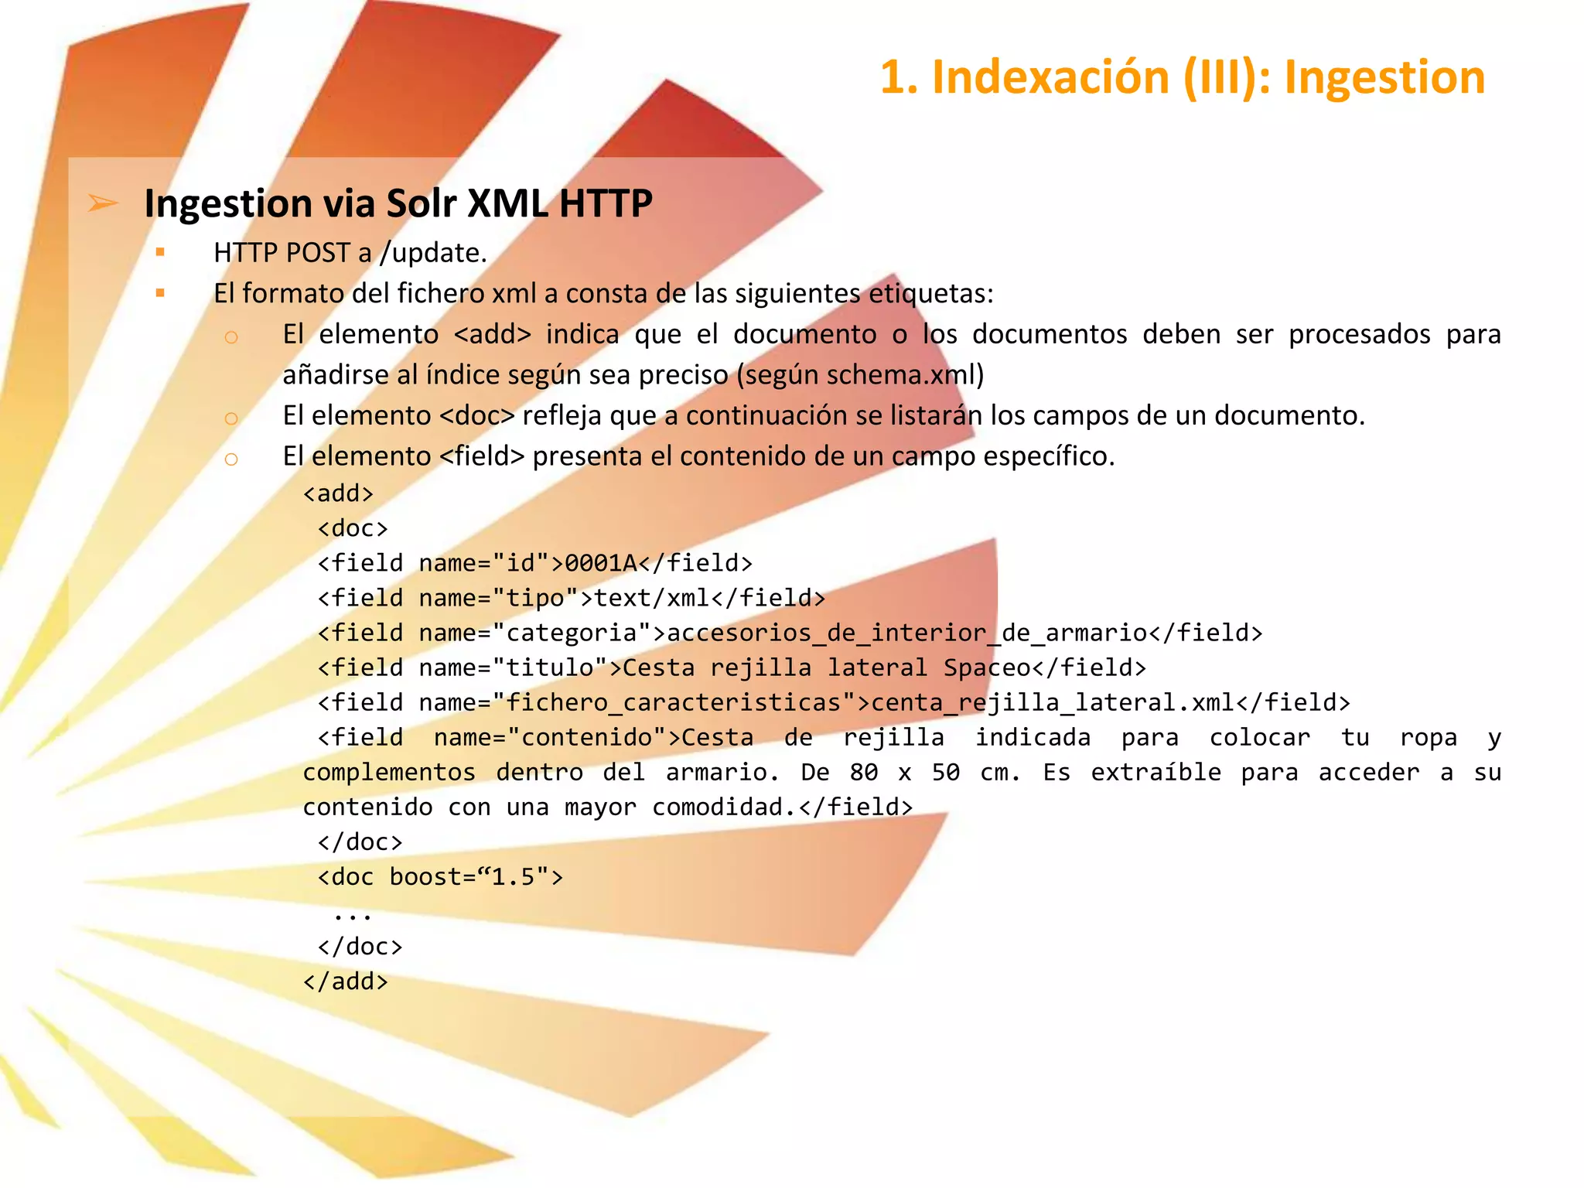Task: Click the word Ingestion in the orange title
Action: pyautogui.click(x=1384, y=77)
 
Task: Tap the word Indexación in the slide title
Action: pyautogui.click(x=1050, y=77)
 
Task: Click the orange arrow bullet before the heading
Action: pyautogui.click(x=103, y=203)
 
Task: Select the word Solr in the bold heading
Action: pyautogui.click(x=421, y=203)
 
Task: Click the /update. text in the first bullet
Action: pyautogui.click(x=433, y=253)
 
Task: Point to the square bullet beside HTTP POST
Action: pyautogui.click(x=160, y=252)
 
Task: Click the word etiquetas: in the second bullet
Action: pyautogui.click(x=930, y=294)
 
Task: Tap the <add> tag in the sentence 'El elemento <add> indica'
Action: pyautogui.click(x=493, y=334)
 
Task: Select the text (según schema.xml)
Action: pyautogui.click(x=860, y=375)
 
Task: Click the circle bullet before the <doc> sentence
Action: pyautogui.click(x=230, y=418)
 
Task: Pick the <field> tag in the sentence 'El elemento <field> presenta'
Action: pyautogui.click(x=482, y=456)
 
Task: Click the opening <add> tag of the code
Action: pyautogui.click(x=338, y=493)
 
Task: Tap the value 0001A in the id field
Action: pyautogui.click(x=601, y=563)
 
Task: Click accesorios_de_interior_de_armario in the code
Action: pyautogui.click(x=906, y=633)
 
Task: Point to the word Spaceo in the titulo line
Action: pyautogui.click(x=987, y=667)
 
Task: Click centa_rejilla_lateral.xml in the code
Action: pyautogui.click(x=1053, y=702)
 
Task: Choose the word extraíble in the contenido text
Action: pyautogui.click(x=1156, y=772)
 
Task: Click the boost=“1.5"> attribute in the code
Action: pyautogui.click(x=476, y=877)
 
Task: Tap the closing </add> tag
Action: pyautogui.click(x=345, y=981)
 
